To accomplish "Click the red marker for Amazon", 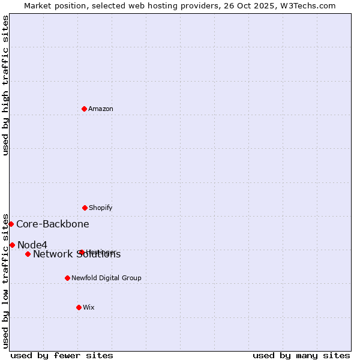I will (84, 109).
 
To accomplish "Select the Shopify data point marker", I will (85, 208).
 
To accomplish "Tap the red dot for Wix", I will (79, 307).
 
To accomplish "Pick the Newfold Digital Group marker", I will (67, 278).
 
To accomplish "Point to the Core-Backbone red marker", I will (11, 224).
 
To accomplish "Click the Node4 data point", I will (12, 245).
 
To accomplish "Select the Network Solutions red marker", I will (28, 254).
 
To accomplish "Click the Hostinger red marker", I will (82, 252).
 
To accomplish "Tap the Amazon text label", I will (101, 109).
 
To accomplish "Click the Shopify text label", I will (101, 208).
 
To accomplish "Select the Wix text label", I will (89, 307).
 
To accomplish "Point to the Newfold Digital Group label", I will (106, 278).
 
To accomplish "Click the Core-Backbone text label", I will (53, 224).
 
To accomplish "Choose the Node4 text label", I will (32, 245).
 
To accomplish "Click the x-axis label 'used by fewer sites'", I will (62, 355).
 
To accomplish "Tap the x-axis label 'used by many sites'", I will (301, 355).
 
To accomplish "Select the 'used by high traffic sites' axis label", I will (5, 85).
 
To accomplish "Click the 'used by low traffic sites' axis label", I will (5, 280).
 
